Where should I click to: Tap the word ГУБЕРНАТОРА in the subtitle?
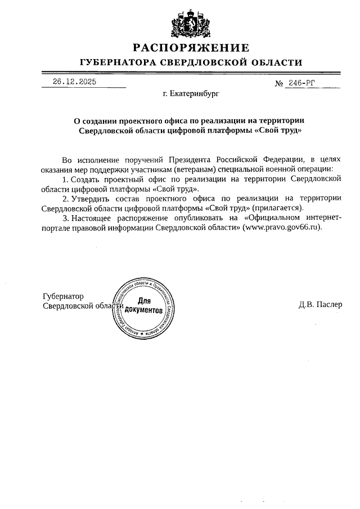coord(116,62)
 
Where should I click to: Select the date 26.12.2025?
coord(75,82)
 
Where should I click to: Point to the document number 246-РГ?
coord(304,83)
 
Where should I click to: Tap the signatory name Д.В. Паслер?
coord(320,305)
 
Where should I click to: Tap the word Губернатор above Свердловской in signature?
coord(63,296)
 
